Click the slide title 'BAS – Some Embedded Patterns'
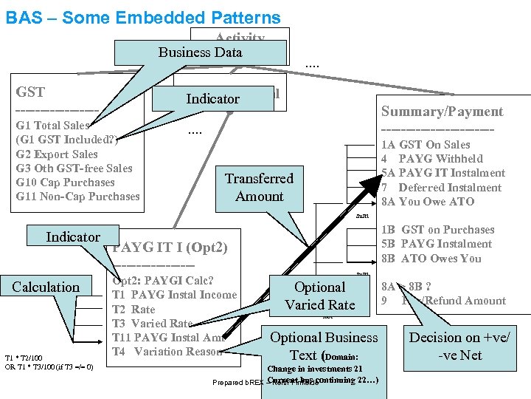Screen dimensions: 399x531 point(143,18)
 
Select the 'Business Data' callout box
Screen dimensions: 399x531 point(201,52)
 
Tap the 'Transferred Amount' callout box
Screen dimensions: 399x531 point(259,187)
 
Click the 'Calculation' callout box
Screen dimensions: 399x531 point(46,287)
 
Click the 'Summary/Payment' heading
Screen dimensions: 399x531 point(442,112)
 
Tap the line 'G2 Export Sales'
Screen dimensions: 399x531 point(57,154)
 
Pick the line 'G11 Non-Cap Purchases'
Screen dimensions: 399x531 point(77,197)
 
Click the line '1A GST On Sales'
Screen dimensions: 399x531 point(426,145)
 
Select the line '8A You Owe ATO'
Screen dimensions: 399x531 point(428,202)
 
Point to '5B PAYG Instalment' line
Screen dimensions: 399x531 point(437,244)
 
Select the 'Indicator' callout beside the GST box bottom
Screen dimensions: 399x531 point(73,237)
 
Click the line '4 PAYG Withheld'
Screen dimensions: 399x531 point(431,159)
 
